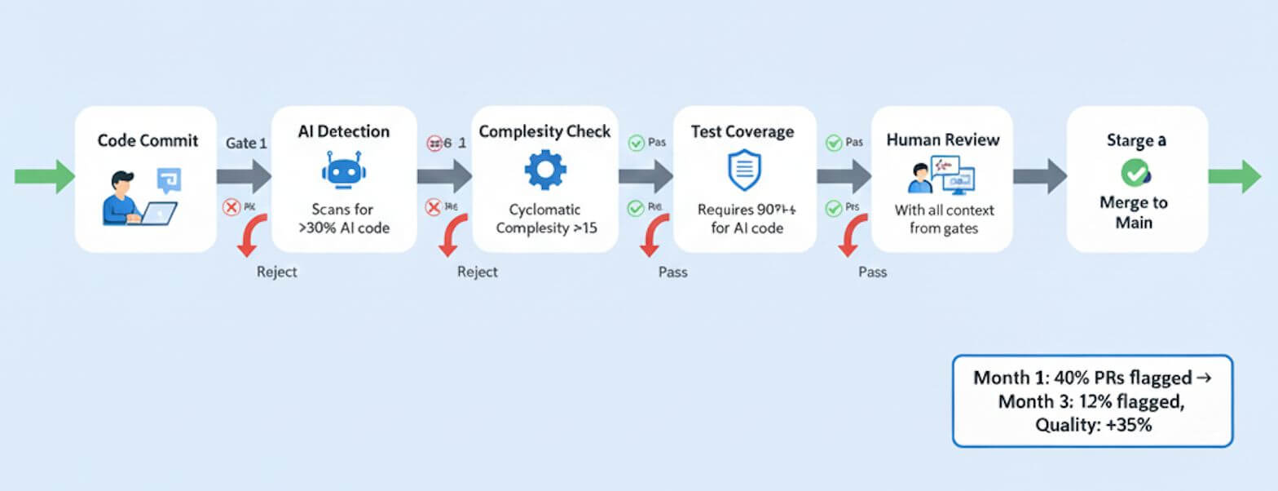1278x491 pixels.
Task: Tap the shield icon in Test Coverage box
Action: click(743, 170)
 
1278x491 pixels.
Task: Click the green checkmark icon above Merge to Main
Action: click(1135, 172)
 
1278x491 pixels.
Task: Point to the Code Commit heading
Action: click(148, 140)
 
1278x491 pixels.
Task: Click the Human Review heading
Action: click(942, 139)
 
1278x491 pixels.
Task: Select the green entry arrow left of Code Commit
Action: click(44, 177)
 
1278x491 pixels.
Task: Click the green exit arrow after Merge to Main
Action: click(1234, 177)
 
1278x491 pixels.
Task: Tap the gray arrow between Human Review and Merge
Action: click(1039, 177)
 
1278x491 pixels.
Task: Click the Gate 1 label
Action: click(246, 143)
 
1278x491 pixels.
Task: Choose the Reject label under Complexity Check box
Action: click(477, 272)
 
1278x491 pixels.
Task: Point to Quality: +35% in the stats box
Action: click(1092, 424)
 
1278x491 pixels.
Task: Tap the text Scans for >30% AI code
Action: click(344, 219)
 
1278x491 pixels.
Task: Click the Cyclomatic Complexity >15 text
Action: click(546, 219)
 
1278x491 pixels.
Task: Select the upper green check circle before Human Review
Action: click(834, 143)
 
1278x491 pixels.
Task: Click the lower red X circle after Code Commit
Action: click(231, 208)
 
